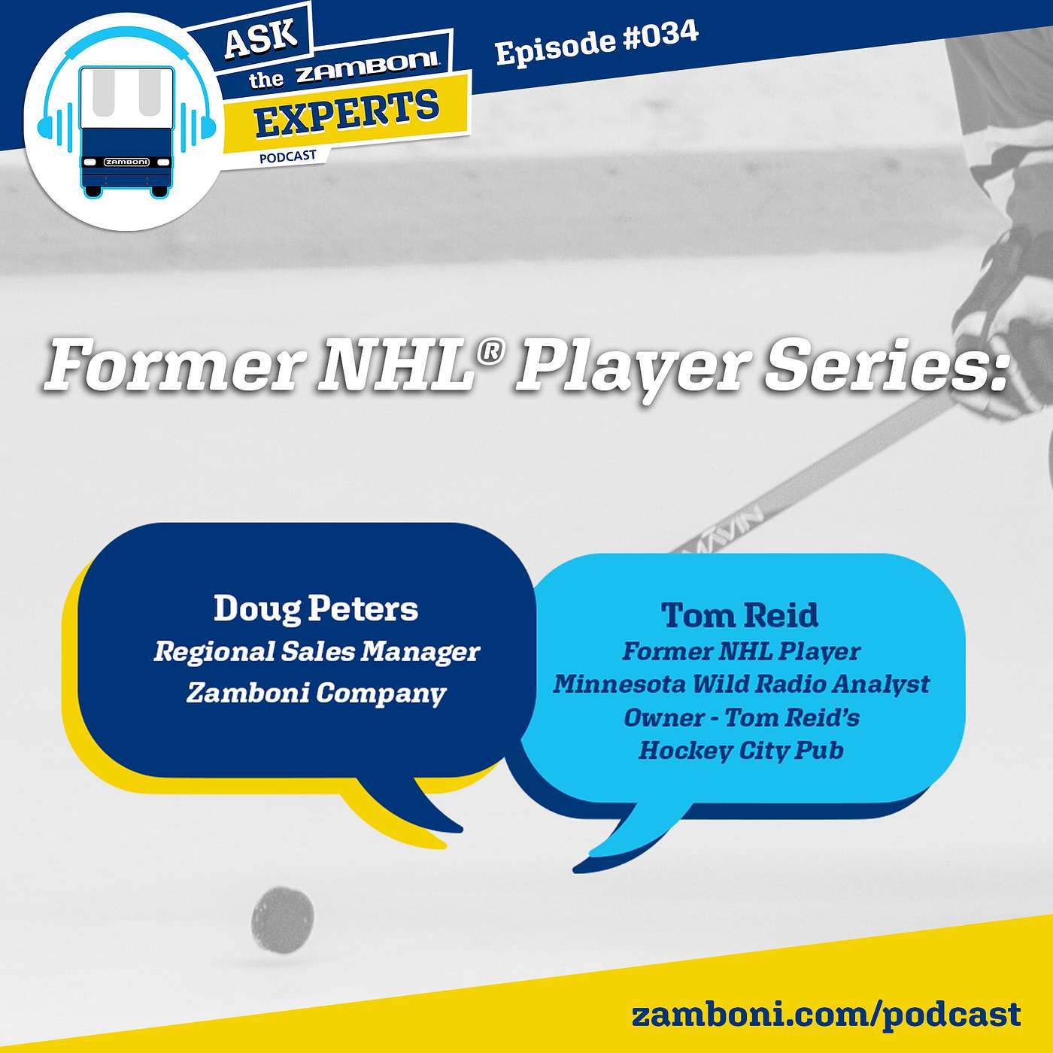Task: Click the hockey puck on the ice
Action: [283, 920]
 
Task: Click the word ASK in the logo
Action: [261, 37]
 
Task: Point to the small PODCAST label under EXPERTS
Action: [288, 157]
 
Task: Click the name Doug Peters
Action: [316, 608]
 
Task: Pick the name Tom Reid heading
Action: [740, 615]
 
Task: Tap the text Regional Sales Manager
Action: [317, 652]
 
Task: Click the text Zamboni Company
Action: [317, 693]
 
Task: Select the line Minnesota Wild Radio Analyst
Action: [741, 684]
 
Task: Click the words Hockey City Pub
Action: [741, 751]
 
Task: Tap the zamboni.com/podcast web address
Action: [826, 1015]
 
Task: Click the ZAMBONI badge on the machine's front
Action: [126, 162]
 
